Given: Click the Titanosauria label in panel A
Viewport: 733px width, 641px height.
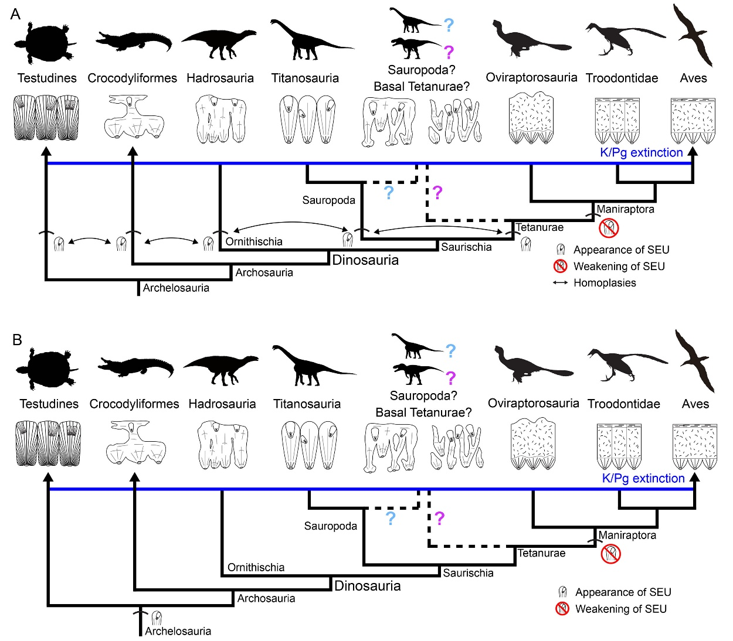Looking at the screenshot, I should (x=305, y=78).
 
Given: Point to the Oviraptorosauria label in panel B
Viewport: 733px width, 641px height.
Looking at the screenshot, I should (x=533, y=403).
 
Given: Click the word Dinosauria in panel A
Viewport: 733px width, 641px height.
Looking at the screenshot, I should (x=365, y=260).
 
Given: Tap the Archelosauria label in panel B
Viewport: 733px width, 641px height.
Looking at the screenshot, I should (x=178, y=631).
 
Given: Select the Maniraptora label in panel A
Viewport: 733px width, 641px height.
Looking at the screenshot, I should (x=625, y=209).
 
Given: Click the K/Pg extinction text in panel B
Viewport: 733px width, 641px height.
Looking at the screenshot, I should (x=643, y=478).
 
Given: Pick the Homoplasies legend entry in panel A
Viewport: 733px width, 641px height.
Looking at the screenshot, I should (x=605, y=283).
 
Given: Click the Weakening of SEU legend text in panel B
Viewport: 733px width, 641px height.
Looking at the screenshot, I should (x=621, y=609).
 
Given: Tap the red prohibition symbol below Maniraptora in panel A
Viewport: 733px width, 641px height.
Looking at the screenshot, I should (x=609, y=228).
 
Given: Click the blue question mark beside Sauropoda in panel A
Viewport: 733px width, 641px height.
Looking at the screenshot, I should (x=389, y=192).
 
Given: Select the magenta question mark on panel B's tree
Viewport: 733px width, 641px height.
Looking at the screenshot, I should (x=439, y=518).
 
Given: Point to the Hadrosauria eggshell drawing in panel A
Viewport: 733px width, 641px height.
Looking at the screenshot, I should (x=221, y=121).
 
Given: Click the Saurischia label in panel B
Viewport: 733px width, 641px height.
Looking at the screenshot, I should (x=468, y=573).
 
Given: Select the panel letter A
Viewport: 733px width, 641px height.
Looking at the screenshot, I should (x=15, y=14).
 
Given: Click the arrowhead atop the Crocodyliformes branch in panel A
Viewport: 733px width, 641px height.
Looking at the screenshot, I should (x=133, y=151).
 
